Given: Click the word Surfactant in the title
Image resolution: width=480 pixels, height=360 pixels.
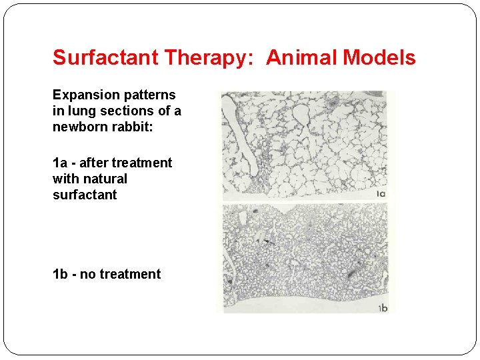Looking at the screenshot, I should (x=106, y=58).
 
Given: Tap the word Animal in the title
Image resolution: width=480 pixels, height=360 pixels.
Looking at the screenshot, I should (x=302, y=58).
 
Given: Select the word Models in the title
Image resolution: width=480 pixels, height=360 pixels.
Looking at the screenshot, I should (x=379, y=58).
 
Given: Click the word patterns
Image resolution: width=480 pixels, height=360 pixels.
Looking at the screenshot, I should (x=153, y=95).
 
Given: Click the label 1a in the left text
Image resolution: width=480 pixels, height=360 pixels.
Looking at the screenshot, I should (x=60, y=163).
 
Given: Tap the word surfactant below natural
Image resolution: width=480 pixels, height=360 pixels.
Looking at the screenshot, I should (x=85, y=195).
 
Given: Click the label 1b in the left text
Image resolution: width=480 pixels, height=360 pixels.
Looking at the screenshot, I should (x=60, y=275).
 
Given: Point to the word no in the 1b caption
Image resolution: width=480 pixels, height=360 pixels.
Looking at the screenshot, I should (x=87, y=275).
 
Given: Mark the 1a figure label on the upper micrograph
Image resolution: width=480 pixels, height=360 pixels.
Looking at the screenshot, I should (x=381, y=194).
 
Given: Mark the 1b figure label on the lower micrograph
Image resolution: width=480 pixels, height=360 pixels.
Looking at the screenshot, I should (x=383, y=308).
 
